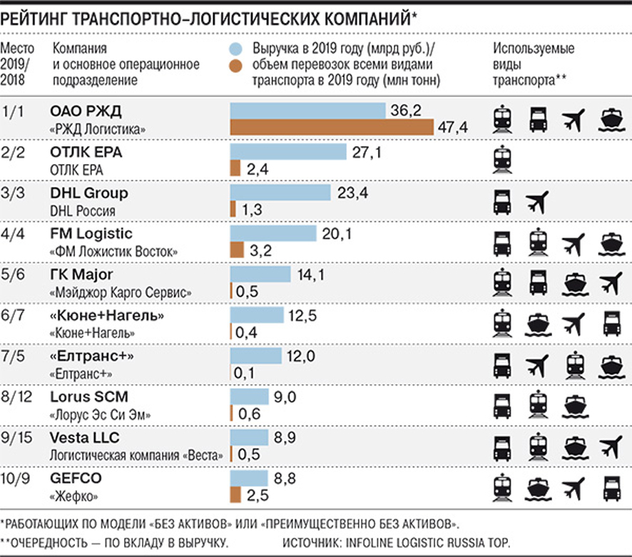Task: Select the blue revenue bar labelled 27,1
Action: pyautogui.click(x=287, y=152)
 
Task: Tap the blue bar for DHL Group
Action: pyautogui.click(x=280, y=193)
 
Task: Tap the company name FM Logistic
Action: pyautogui.click(x=91, y=234)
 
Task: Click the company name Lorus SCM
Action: pyautogui.click(x=88, y=397)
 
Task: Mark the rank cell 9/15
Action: pyautogui.click(x=18, y=438)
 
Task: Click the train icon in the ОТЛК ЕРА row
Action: pyautogui.click(x=502, y=160)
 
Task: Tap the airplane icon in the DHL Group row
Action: pyautogui.click(x=538, y=201)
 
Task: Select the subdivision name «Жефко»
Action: pyautogui.click(x=74, y=495)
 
